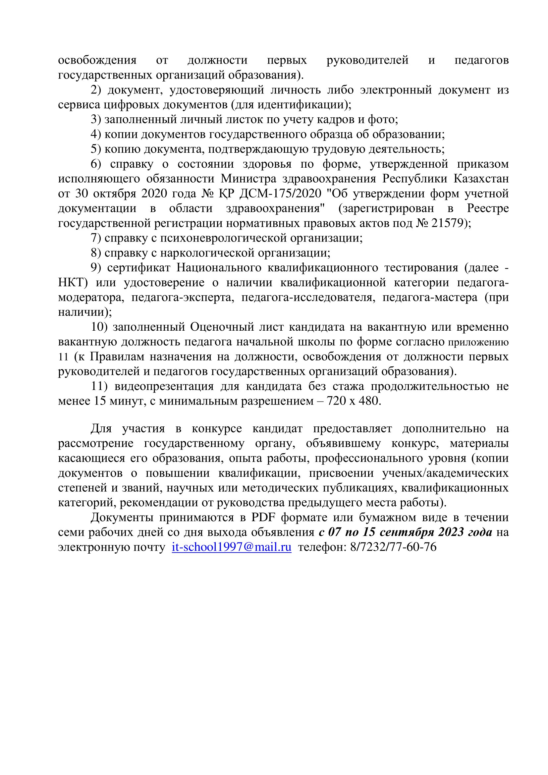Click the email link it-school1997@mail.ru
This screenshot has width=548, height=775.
tap(232, 547)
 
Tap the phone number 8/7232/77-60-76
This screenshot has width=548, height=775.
tap(393, 547)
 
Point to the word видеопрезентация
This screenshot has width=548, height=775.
tap(164, 386)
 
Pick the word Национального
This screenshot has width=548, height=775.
tap(219, 268)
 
